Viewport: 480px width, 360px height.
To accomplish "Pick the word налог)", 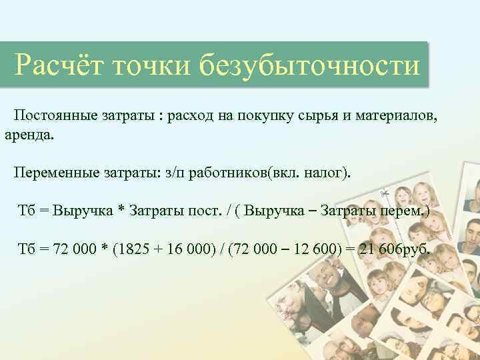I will (327, 173).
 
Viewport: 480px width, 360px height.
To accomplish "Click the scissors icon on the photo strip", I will (385, 195).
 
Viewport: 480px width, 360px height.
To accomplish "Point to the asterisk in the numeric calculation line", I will (123, 251).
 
